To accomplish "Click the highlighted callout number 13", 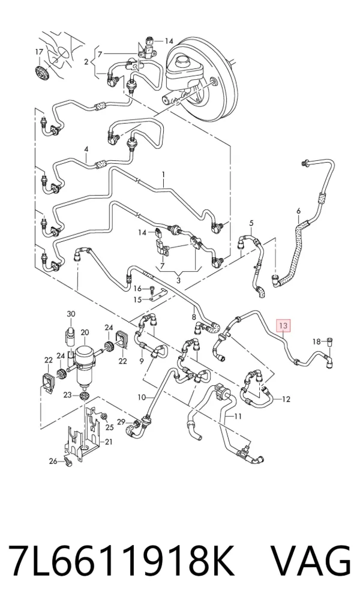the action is coord(283,325).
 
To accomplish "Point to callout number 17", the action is coord(40,52).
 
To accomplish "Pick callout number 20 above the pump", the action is coord(85,333).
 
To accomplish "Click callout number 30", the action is coord(71,314).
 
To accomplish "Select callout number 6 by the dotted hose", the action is coord(299,211).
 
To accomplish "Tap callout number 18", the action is coord(317,342).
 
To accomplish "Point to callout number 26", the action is coord(53,462).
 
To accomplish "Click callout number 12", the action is coord(286,399).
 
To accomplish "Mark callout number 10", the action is coord(142,397).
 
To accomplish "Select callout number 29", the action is coord(121,421).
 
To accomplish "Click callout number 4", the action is coord(86,149).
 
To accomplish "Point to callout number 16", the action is coord(139,288).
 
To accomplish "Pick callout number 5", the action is coord(251,223).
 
